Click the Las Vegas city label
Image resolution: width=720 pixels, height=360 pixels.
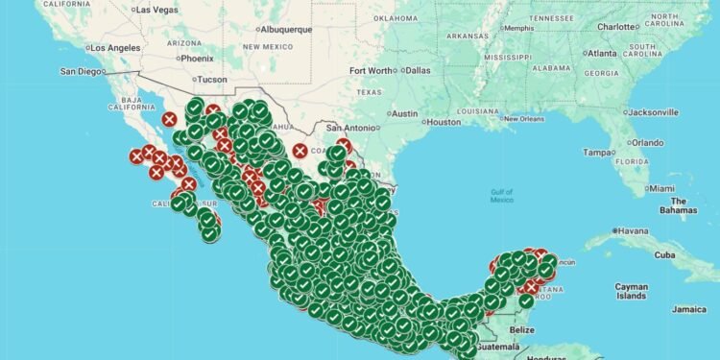[x=158, y=10]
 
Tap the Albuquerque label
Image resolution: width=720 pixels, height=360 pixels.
[x=279, y=29]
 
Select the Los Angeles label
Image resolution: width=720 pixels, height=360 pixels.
[x=115, y=48]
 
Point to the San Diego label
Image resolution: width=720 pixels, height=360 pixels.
[x=82, y=70]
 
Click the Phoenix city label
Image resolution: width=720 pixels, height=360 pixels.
[x=196, y=58]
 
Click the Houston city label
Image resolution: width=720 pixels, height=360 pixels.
[x=444, y=122]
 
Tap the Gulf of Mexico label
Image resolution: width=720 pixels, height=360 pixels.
[x=501, y=196]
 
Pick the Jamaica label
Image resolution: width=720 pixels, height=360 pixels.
[x=688, y=309]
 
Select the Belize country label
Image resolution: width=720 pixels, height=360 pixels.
[x=522, y=329]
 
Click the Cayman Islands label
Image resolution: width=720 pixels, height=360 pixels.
[x=633, y=291]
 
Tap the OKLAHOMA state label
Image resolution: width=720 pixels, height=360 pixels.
[x=396, y=17]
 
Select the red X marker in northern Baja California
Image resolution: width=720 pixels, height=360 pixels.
[x=170, y=119]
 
